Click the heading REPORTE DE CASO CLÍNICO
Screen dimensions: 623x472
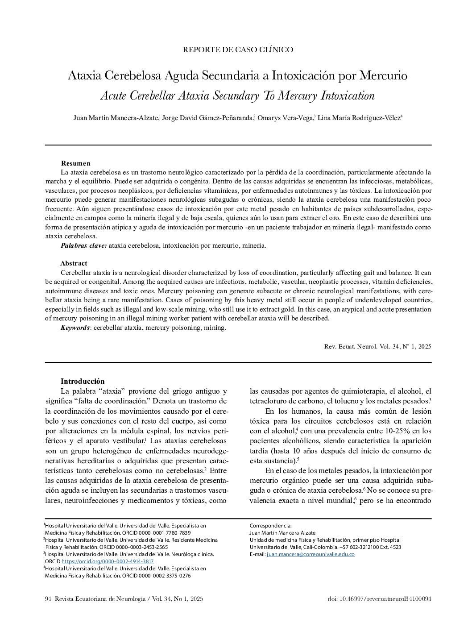point(238,50)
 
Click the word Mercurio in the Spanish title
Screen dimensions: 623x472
point(384,75)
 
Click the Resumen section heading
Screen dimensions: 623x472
point(75,163)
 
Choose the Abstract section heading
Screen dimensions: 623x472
point(74,263)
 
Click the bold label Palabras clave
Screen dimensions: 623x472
point(83,245)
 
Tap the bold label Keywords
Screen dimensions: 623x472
point(75,328)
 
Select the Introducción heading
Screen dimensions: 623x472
point(82,381)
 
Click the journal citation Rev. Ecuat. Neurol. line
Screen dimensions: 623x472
point(377,346)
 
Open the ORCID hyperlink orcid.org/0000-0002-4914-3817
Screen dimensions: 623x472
point(107,561)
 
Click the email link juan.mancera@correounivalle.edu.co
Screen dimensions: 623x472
point(310,554)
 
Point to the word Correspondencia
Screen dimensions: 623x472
point(270,526)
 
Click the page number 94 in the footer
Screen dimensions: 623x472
point(49,599)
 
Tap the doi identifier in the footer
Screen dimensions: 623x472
point(379,599)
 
